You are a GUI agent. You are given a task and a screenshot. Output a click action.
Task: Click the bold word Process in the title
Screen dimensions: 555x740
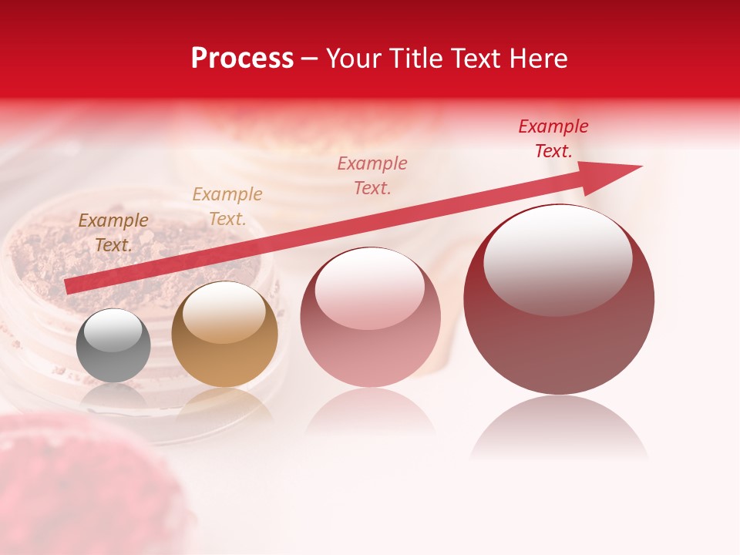click(242, 59)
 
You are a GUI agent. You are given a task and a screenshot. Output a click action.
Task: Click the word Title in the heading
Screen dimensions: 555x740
click(416, 59)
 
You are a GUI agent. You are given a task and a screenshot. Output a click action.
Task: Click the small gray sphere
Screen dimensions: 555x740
click(113, 346)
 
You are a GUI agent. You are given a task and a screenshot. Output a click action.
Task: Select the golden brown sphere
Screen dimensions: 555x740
click(224, 335)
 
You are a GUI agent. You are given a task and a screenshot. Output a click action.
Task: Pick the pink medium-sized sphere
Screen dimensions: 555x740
click(370, 318)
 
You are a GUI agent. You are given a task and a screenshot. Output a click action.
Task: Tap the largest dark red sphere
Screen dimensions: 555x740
click(559, 300)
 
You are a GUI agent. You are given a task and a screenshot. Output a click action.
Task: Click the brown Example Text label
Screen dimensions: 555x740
click(113, 232)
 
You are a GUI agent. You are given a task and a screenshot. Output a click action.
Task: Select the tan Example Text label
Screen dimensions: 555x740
click(227, 206)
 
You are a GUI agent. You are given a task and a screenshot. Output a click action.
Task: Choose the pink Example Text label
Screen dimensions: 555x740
click(372, 175)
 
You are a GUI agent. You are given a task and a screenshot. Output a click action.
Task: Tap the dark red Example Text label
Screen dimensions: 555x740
click(553, 139)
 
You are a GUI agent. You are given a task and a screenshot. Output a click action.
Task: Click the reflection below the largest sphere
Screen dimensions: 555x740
click(559, 428)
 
